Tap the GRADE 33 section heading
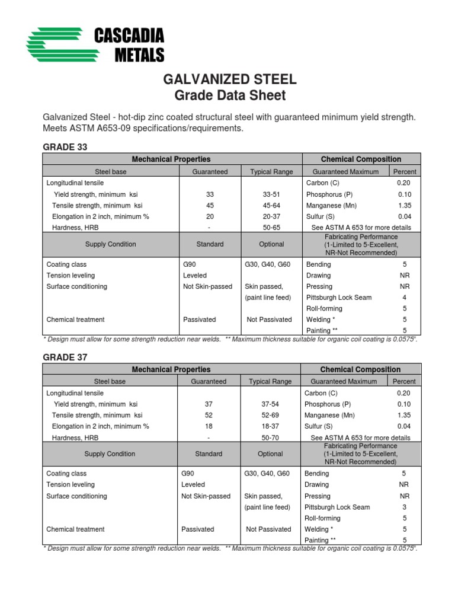pyautogui.click(x=65, y=147)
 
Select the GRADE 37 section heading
pyautogui.click(x=65, y=357)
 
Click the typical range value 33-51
pyautogui.click(x=271, y=194)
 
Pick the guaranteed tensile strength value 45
pyautogui.click(x=210, y=206)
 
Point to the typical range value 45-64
pyautogui.click(x=271, y=206)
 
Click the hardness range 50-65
pyautogui.click(x=271, y=228)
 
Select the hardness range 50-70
pyautogui.click(x=270, y=437)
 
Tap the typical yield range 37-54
pyautogui.click(x=270, y=404)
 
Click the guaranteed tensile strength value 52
pyautogui.click(x=209, y=416)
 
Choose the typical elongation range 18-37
pyautogui.click(x=270, y=426)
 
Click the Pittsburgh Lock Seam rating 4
pyautogui.click(x=405, y=298)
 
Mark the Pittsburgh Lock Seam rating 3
pyautogui.click(x=404, y=507)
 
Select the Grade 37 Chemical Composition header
pyautogui.click(x=360, y=369)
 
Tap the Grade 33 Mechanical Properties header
pyautogui.click(x=171, y=159)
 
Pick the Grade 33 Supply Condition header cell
pyautogui.click(x=111, y=244)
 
